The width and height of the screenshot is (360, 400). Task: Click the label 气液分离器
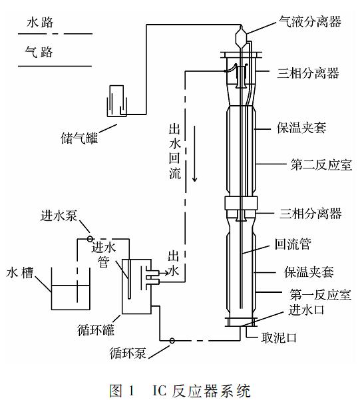[309, 22]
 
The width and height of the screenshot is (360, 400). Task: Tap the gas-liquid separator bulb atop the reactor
[241, 37]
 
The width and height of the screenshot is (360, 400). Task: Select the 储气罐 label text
[79, 138]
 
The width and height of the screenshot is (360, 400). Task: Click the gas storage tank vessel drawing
[116, 101]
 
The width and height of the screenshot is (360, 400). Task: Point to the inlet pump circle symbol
[90, 239]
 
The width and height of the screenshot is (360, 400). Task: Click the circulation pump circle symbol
[172, 341]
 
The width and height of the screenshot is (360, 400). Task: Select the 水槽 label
[20, 273]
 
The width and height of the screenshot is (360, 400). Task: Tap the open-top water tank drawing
[71, 289]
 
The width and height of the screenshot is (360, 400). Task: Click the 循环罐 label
[96, 330]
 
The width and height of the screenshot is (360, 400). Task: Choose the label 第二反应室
[321, 165]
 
